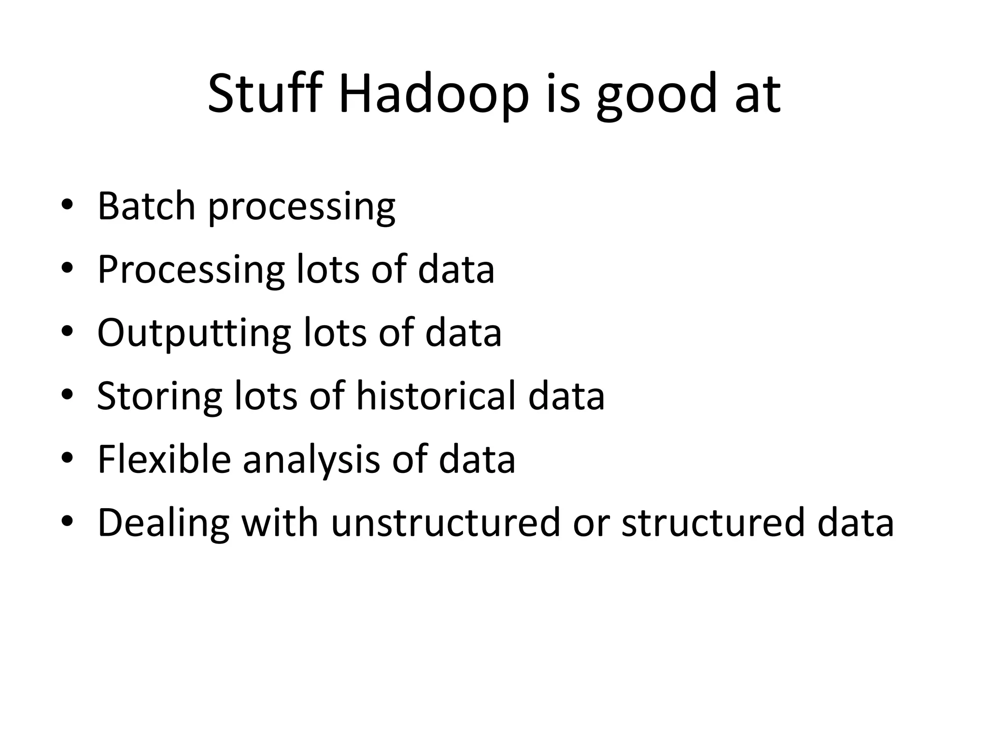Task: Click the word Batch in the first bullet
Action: [x=146, y=206]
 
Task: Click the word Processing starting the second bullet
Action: [x=191, y=269]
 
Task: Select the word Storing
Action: [x=159, y=396]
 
